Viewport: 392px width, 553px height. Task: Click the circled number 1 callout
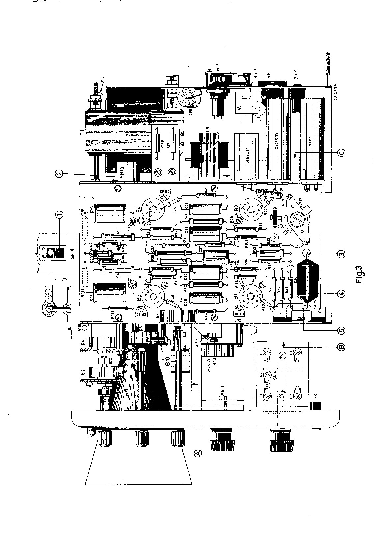(59, 215)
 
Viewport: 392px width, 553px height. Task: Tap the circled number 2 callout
(59, 173)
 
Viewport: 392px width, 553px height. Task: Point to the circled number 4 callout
(342, 292)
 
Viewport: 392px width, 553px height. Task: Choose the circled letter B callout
(341, 347)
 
